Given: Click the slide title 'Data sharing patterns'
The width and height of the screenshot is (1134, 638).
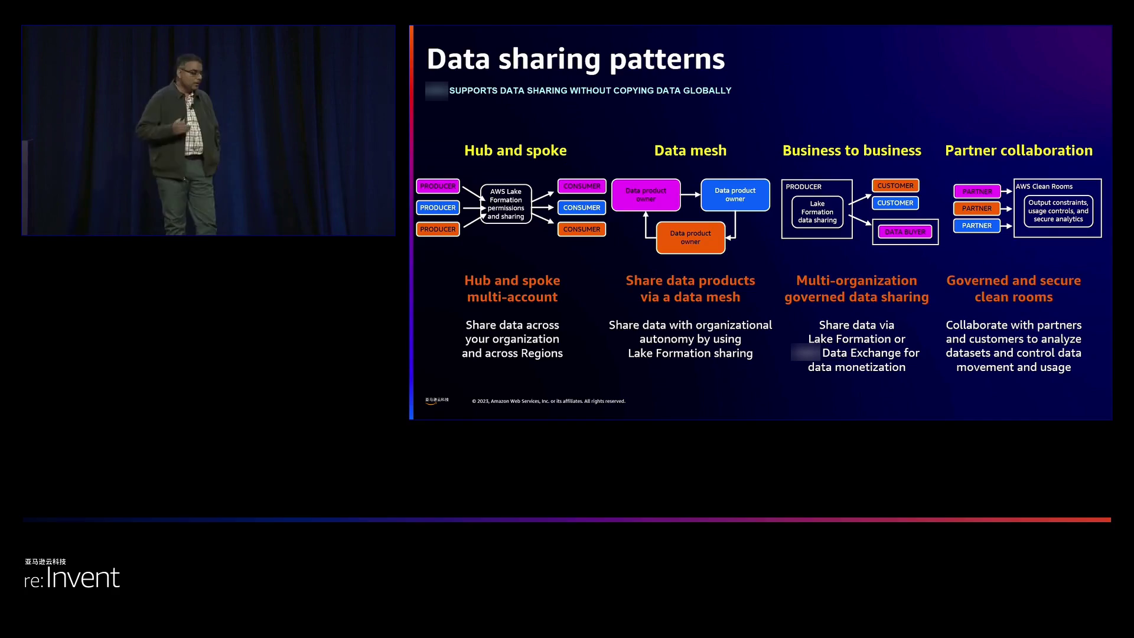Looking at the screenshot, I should (x=575, y=59).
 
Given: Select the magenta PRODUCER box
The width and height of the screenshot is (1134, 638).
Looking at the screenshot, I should (x=438, y=186).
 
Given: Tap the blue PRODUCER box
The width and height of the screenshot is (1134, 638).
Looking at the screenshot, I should (x=438, y=208).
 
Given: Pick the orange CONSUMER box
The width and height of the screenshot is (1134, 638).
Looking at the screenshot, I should (x=582, y=229).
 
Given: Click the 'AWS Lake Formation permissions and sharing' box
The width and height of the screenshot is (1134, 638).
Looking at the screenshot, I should (x=506, y=204).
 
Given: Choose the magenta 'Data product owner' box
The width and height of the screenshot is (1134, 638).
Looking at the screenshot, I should (x=646, y=195).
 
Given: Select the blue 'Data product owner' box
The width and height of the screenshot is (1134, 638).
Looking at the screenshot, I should (x=735, y=195).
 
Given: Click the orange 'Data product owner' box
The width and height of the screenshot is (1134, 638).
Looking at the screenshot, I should (x=690, y=237).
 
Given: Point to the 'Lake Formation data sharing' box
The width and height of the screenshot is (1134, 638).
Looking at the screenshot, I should (x=817, y=212).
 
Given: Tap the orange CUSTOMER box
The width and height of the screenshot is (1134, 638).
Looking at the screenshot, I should (x=895, y=185).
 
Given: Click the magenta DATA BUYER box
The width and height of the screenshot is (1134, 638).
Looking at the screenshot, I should (x=905, y=232).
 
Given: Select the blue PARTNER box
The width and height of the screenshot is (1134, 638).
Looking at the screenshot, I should (x=977, y=226).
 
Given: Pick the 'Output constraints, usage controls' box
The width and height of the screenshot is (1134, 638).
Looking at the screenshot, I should (x=1058, y=211).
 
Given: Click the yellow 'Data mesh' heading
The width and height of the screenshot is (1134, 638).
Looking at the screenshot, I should (x=690, y=151).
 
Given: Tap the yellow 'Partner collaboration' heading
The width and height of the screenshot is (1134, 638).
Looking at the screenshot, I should (x=1019, y=151).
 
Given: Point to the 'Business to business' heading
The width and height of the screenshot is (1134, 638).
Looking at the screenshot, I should (x=852, y=151).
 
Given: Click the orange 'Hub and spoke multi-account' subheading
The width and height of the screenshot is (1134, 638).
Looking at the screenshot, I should (x=512, y=289).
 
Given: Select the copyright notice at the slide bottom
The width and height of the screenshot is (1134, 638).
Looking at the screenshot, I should (x=548, y=401).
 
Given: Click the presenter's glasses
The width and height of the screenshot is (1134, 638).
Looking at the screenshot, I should (x=191, y=72).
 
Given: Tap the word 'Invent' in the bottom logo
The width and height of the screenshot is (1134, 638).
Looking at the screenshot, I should (x=83, y=578).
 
